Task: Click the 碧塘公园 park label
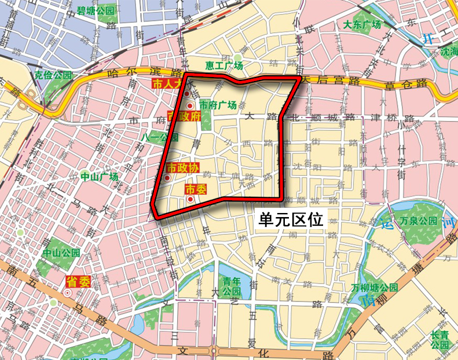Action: [96, 10]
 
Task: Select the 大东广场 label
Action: [362, 25]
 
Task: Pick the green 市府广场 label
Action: [218, 105]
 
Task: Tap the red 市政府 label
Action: [184, 116]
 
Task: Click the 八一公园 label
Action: [157, 137]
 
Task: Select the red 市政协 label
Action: [183, 168]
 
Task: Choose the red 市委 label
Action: [195, 189]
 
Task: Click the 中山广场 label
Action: [99, 177]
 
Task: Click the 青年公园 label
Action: [232, 287]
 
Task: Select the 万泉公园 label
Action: [419, 221]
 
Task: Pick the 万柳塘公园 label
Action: [375, 288]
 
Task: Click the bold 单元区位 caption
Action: [292, 219]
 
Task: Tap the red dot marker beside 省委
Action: [68, 293]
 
